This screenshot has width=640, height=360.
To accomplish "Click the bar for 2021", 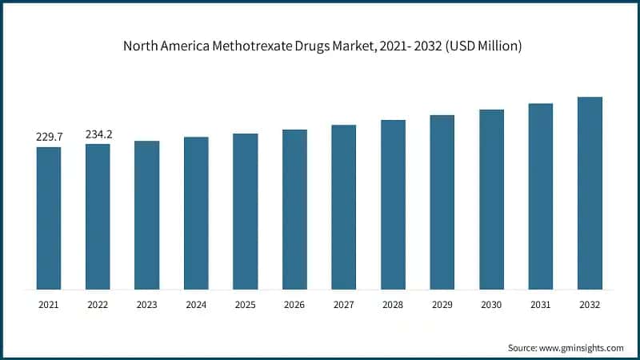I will click(49, 218).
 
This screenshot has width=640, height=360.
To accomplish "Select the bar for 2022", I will click(98, 216).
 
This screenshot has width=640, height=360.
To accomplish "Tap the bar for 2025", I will click(246, 211).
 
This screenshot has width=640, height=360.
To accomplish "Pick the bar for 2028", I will click(393, 204).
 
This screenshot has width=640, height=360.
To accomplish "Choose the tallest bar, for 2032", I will click(590, 193).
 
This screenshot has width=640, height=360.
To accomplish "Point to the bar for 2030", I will click(491, 199).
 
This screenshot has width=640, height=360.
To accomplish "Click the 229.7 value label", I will click(49, 138).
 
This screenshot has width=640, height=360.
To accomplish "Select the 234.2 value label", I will click(98, 134).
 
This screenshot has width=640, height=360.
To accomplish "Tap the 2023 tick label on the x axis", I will click(147, 305).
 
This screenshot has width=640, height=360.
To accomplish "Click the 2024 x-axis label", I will click(196, 305).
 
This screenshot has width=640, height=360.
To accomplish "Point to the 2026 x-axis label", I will click(294, 305).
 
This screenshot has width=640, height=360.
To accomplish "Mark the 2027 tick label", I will click(344, 305).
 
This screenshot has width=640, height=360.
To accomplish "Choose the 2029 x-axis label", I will click(442, 305).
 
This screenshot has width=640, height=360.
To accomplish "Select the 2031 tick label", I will click(541, 305).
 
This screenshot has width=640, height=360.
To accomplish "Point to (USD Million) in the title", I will click(482, 46).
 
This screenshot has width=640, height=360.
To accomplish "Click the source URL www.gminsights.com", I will click(583, 348).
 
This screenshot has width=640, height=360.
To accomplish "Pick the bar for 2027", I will click(344, 206).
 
